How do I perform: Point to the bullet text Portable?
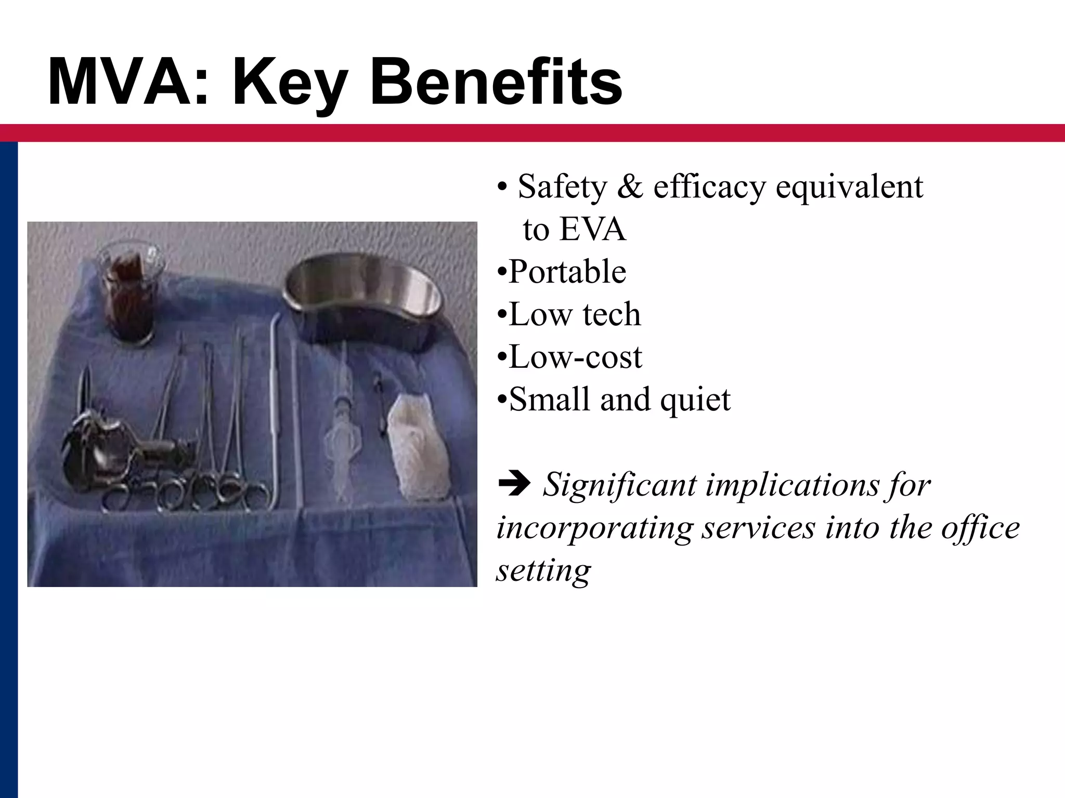[567, 272]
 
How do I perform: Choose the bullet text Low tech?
[575, 314]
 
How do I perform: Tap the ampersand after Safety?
[630, 187]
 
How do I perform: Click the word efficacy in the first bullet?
[709, 187]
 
